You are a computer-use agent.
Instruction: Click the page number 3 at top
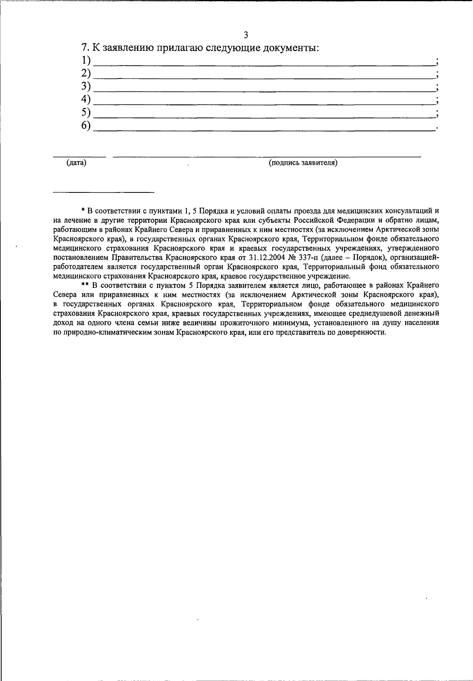click(246, 35)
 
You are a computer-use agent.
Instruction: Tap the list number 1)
click(86, 61)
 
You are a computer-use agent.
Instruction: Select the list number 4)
click(86, 99)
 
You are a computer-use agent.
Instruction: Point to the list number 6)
click(86, 125)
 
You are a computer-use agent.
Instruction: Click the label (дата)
click(76, 163)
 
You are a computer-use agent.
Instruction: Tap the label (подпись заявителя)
click(303, 163)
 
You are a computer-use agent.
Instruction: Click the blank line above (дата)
click(79, 157)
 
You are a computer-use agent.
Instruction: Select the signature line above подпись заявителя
click(266, 157)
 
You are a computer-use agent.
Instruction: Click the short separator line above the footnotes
click(104, 192)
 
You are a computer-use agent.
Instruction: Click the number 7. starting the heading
click(85, 48)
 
